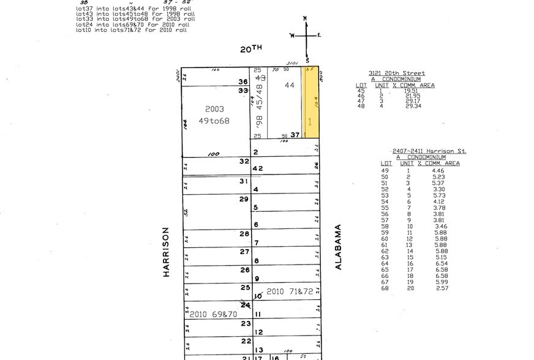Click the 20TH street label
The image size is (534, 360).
pyautogui.click(x=250, y=50)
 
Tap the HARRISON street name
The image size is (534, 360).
pyautogui.click(x=165, y=252)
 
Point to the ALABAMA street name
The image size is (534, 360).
pyautogui.click(x=337, y=246)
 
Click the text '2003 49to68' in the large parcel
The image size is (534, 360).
pyautogui.click(x=215, y=114)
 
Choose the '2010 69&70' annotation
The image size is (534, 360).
pyautogui.click(x=213, y=314)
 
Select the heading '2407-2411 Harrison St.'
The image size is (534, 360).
pyautogui.click(x=429, y=151)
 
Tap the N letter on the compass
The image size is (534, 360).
pyautogui.click(x=305, y=23)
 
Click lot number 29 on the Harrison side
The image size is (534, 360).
pyautogui.click(x=244, y=199)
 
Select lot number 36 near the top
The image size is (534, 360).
pyautogui.click(x=243, y=81)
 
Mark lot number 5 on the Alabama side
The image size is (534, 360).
pyautogui.click(x=256, y=208)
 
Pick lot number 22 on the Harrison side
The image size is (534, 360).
pyautogui.click(x=246, y=340)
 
